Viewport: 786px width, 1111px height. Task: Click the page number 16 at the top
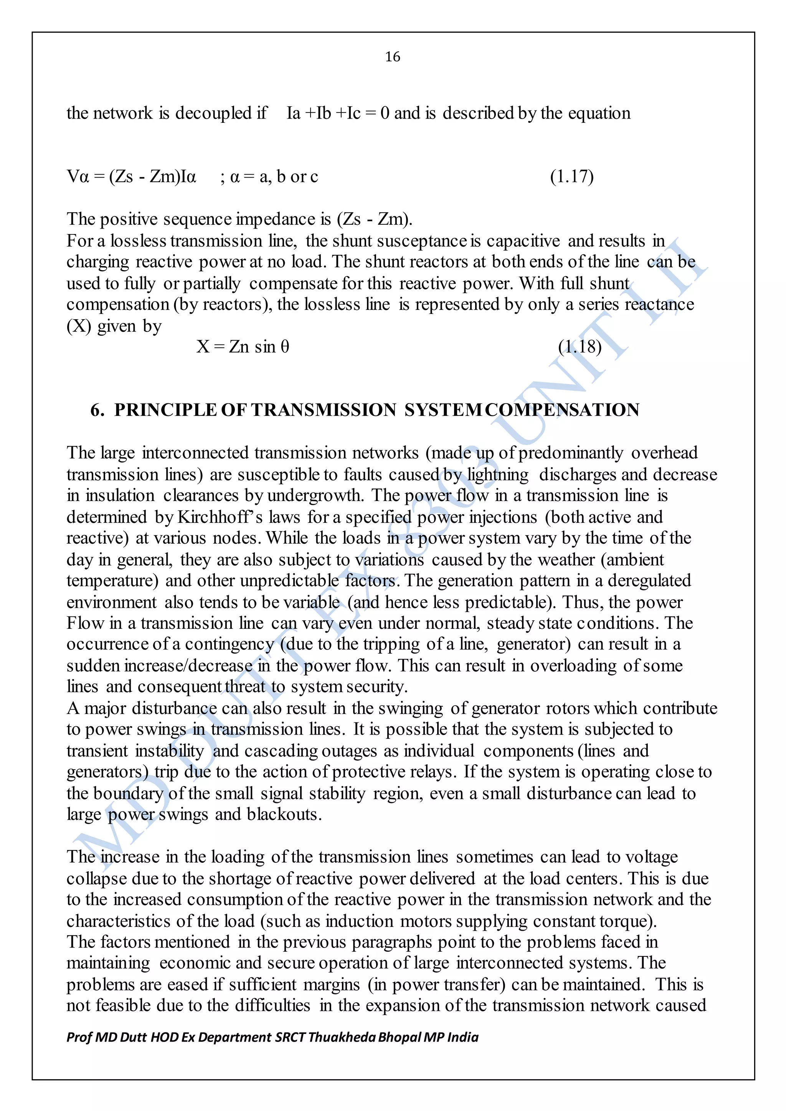pyautogui.click(x=393, y=57)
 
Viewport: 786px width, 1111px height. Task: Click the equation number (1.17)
pyautogui.click(x=571, y=176)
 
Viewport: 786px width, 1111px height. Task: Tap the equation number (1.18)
pyautogui.click(x=580, y=346)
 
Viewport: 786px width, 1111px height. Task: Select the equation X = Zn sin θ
pyautogui.click(x=243, y=346)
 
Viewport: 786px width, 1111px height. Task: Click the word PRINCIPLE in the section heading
pyautogui.click(x=165, y=410)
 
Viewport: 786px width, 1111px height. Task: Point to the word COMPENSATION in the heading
pyautogui.click(x=562, y=410)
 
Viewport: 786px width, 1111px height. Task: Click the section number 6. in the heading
pyautogui.click(x=97, y=410)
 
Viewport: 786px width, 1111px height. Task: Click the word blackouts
pyautogui.click(x=284, y=814)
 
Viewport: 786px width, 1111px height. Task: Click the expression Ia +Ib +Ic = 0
pyautogui.click(x=338, y=113)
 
